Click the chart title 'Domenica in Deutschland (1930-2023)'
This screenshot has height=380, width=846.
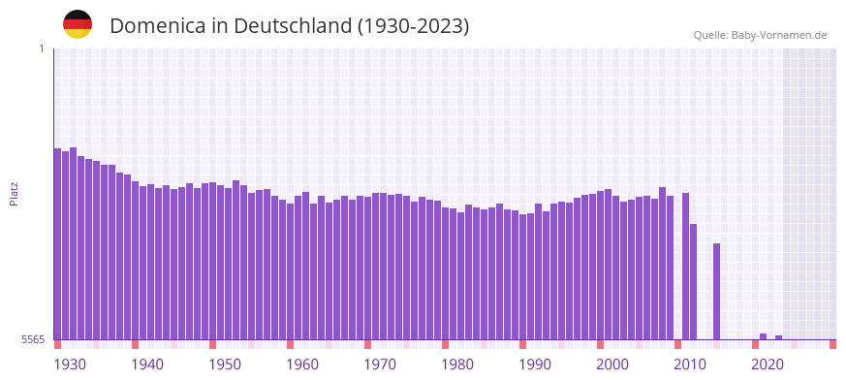click(x=289, y=26)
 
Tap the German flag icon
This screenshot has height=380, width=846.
click(x=78, y=24)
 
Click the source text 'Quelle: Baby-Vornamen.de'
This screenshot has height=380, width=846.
click(x=760, y=35)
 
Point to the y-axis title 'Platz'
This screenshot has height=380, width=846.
click(x=14, y=193)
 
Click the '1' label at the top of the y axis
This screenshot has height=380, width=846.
click(x=41, y=48)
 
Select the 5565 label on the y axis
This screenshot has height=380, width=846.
click(x=33, y=339)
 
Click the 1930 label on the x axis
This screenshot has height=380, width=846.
click(x=70, y=364)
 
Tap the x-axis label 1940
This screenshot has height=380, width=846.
click(x=147, y=364)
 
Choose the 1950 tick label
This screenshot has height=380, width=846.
click(x=225, y=364)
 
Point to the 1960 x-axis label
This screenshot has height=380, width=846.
click(x=302, y=364)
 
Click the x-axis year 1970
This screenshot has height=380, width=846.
click(x=380, y=364)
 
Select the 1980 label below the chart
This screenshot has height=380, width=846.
click(x=457, y=364)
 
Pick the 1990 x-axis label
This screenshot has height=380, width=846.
click(x=535, y=364)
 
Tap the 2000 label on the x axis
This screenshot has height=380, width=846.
click(x=612, y=364)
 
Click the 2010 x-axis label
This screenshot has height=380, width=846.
click(x=690, y=364)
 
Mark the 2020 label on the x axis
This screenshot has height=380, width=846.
click(x=768, y=364)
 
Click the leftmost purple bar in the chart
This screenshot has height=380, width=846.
click(x=57, y=242)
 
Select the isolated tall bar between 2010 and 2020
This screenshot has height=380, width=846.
click(x=716, y=291)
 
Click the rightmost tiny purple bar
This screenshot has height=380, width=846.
click(x=778, y=337)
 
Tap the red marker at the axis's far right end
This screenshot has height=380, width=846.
click(x=832, y=344)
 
